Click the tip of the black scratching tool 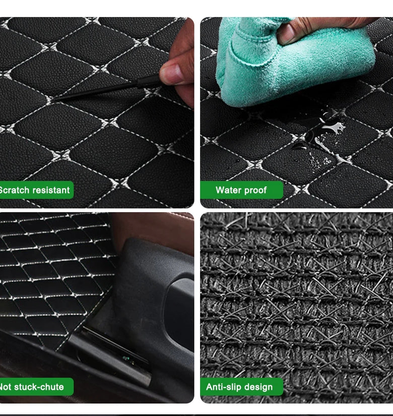[54, 100]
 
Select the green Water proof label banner [241, 190]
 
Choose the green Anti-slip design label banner [241, 387]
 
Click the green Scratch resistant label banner [37, 190]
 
